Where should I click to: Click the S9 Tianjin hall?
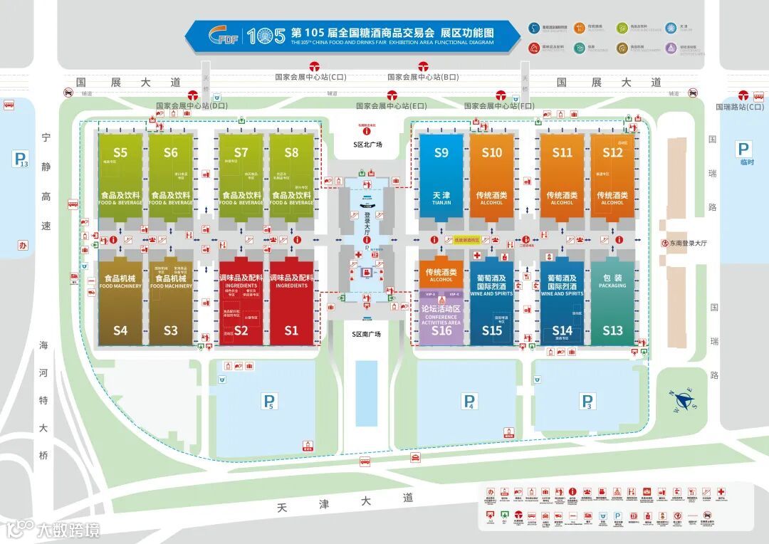coord(441,178)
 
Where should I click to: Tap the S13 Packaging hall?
coord(612,303)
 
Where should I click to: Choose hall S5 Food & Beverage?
coord(120,178)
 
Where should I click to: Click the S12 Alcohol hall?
coord(612,178)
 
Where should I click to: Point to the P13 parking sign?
coord(20,159)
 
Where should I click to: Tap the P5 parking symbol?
coord(269,402)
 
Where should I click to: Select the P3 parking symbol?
coord(587,402)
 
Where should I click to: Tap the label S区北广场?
coord(367,145)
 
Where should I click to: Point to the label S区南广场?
coord(367,333)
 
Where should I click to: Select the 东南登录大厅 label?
coord(688,243)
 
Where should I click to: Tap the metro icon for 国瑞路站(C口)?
coord(743,95)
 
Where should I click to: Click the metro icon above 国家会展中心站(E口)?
coord(392,95)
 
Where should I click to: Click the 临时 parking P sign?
coord(743,150)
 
